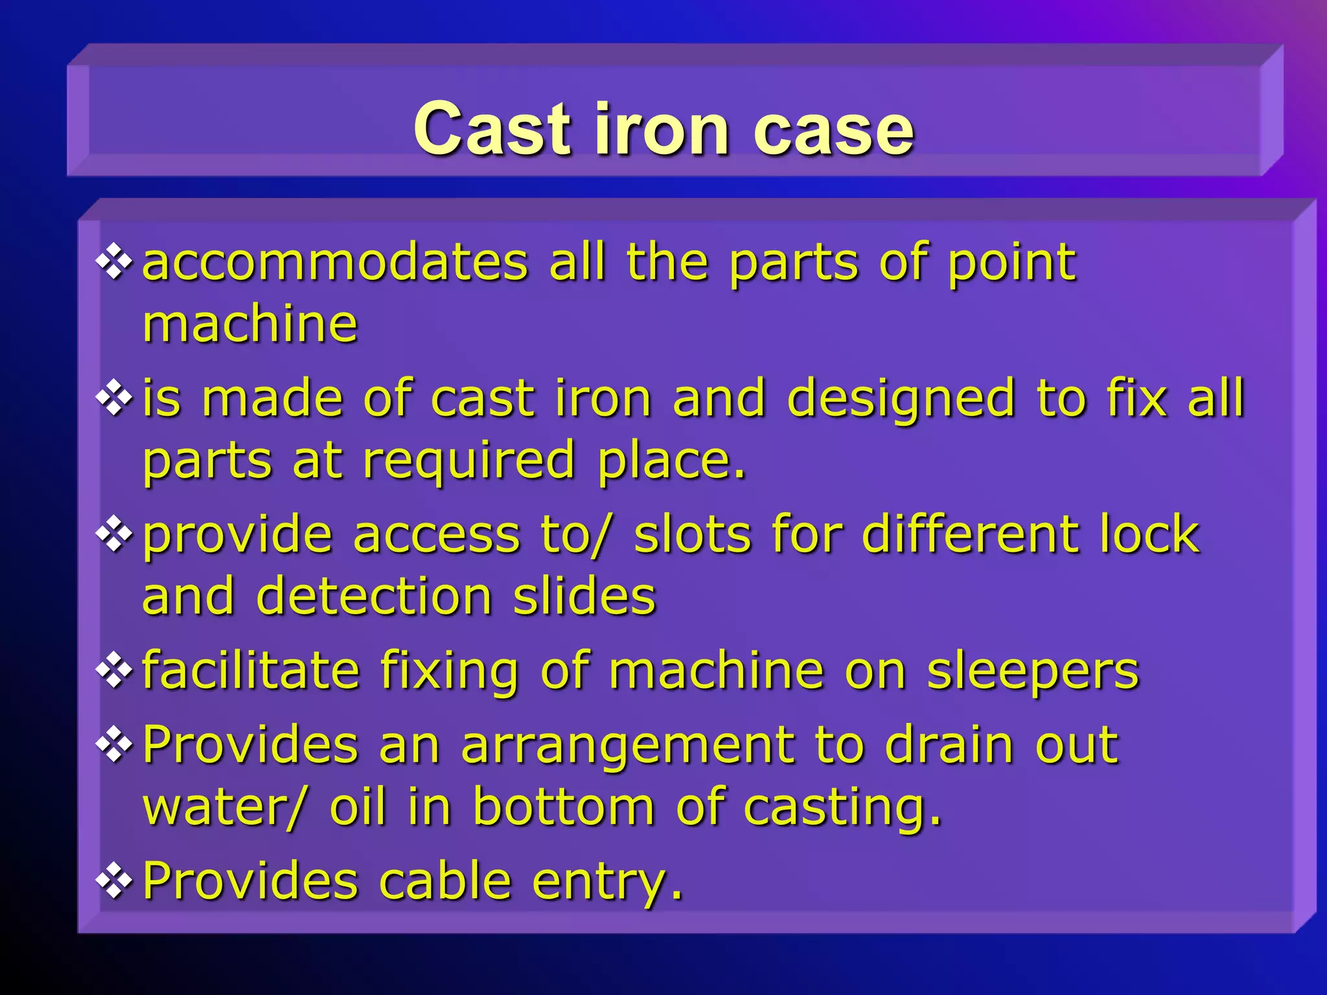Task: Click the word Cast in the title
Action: pos(492,130)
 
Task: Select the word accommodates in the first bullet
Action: pos(335,262)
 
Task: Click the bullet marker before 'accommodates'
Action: pos(114,262)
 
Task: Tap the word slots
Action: pos(691,535)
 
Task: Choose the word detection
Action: pos(374,596)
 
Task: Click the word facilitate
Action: pos(250,670)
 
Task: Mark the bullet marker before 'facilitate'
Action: pos(114,670)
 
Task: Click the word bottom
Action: pos(563,807)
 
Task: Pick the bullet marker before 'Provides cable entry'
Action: pos(114,880)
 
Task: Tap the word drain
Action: pos(949,745)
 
